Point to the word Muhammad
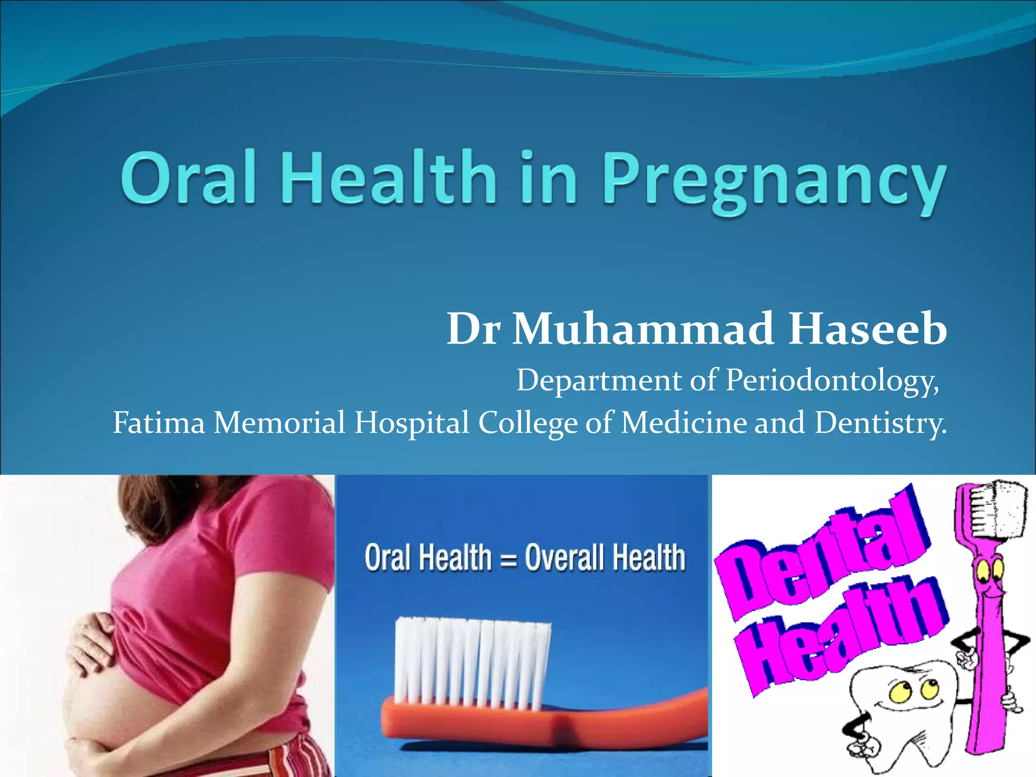[x=643, y=329]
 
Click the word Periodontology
[x=832, y=381]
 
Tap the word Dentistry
[x=880, y=423]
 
